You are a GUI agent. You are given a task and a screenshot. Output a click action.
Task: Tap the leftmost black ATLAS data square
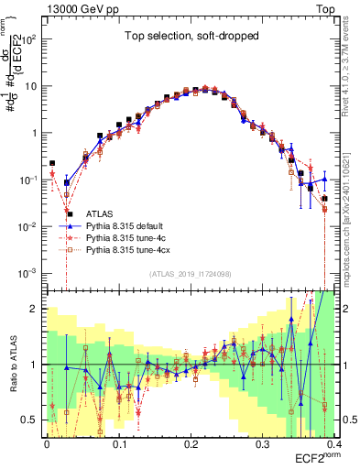point(52,163)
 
